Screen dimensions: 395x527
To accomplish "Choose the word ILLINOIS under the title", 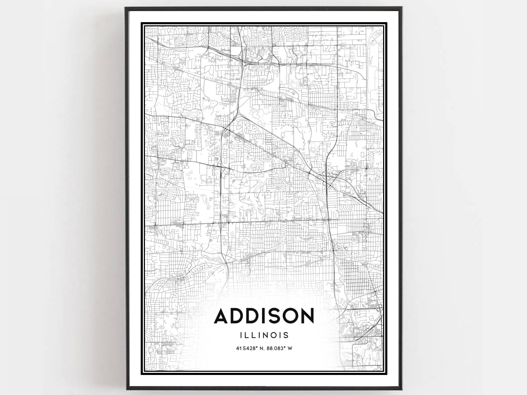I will (264, 335).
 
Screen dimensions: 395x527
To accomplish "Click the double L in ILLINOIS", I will (249, 335).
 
